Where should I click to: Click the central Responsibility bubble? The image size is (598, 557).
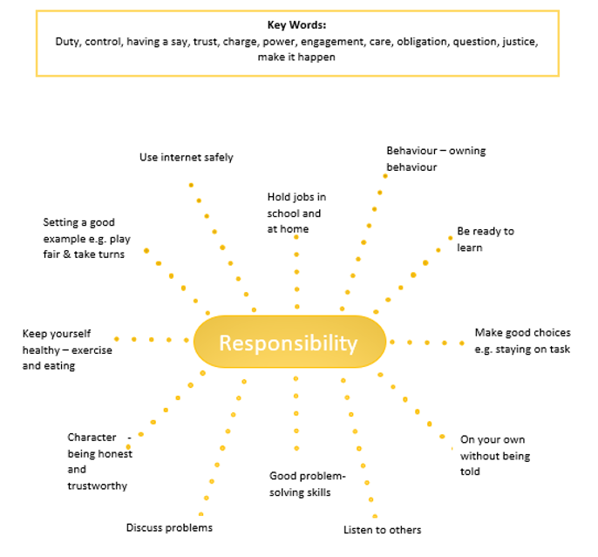[289, 342]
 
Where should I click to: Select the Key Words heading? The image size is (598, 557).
[296, 25]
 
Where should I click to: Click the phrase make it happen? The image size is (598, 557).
[296, 58]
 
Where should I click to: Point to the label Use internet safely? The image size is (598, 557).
[187, 158]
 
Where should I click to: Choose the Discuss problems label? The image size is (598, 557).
[169, 527]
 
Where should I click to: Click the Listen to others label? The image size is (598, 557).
[382, 530]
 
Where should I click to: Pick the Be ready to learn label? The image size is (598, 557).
[486, 240]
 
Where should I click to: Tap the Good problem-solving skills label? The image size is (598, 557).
[308, 484]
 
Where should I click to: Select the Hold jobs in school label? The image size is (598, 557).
[296, 213]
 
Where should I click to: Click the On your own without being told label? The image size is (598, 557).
[495, 456]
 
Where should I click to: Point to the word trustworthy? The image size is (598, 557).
[98, 486]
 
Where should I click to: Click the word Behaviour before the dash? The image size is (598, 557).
[411, 151]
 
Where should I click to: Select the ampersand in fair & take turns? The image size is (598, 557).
[67, 255]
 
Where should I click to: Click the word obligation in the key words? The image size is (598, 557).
[422, 42]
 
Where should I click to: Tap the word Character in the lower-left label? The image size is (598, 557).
[92, 438]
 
